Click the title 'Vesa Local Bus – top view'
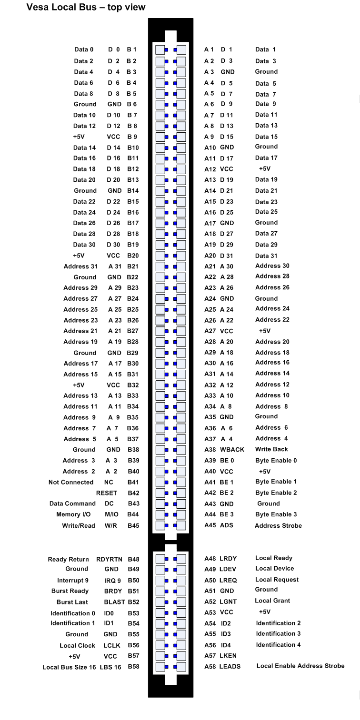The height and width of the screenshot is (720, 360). (86, 7)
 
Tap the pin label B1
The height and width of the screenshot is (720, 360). (131, 49)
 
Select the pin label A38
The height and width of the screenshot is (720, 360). (210, 450)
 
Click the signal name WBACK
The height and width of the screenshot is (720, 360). (232, 450)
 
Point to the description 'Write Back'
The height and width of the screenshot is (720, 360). (271, 449)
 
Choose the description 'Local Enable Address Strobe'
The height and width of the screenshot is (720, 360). (300, 666)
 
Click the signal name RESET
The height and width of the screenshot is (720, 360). (107, 493)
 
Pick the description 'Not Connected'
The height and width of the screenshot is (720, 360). (71, 482)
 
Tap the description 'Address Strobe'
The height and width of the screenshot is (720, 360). (278, 526)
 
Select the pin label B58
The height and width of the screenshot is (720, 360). (133, 667)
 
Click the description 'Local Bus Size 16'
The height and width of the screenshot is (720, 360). (69, 667)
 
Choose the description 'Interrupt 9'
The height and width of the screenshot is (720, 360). (73, 581)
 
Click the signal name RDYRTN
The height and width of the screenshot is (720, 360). (109, 560)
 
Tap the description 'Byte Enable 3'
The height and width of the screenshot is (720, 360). (276, 514)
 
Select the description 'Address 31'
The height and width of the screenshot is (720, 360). (80, 266)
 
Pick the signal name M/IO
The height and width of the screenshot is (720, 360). (111, 514)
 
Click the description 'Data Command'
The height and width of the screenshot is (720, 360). (72, 503)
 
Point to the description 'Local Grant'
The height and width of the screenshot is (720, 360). (272, 601)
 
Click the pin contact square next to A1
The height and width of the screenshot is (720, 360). (181, 49)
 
